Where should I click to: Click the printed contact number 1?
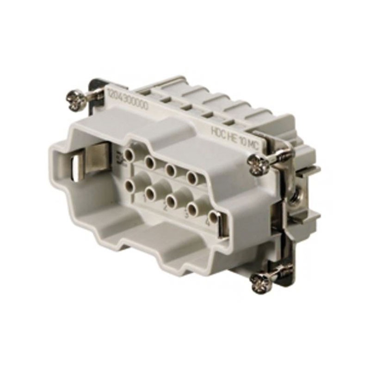point(145,199)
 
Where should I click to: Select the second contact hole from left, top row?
point(150,162)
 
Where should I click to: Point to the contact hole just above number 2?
point(172,200)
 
